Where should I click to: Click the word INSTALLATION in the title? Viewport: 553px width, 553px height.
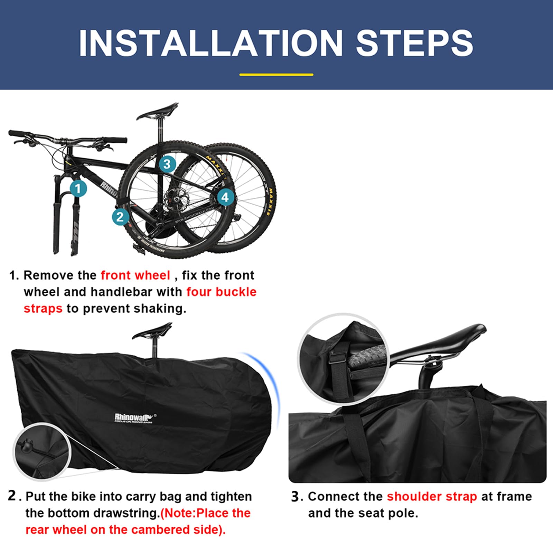point(211,43)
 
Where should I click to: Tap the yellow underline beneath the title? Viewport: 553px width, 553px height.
point(276,74)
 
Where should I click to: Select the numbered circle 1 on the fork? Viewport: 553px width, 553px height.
point(78,188)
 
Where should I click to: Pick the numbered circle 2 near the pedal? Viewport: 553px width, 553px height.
point(120,217)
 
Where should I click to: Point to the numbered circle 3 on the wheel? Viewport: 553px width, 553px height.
point(167,164)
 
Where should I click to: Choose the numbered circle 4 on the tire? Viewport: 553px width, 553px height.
point(225,197)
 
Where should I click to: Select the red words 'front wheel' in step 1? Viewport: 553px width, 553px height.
point(135,275)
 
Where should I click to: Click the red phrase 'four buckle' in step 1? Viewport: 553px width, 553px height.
point(221,292)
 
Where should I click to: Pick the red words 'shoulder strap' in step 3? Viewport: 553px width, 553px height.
point(432,497)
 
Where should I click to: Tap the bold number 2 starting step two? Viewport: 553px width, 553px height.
point(12,496)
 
